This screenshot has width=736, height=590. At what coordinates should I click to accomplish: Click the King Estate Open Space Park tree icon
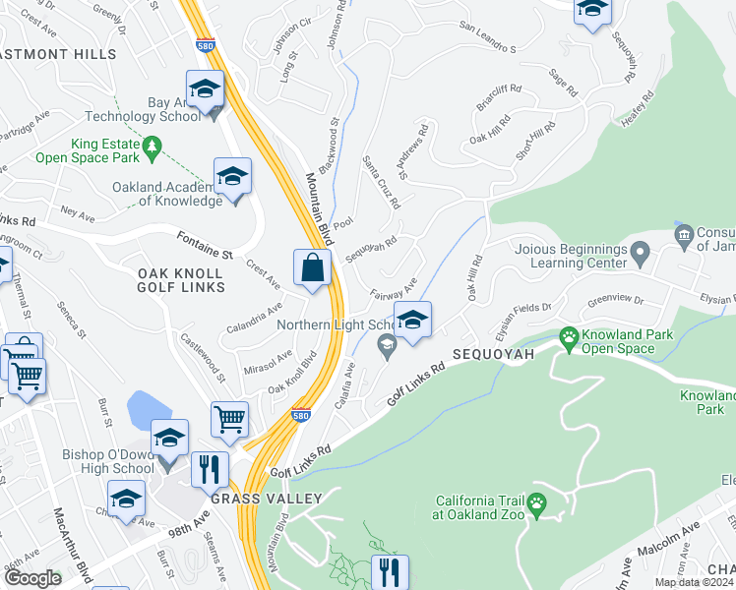pos(152,147)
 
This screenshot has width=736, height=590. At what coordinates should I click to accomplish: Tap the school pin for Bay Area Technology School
pos(205,90)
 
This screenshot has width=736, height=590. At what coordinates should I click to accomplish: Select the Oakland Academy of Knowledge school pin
pos(232,177)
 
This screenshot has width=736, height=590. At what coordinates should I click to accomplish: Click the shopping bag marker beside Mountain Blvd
pos(312,267)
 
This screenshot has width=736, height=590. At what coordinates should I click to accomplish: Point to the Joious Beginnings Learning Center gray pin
pos(640,256)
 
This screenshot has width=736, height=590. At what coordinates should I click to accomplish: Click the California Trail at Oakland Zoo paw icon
pos(536,505)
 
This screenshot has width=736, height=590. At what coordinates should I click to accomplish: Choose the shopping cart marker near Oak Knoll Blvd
pos(229,419)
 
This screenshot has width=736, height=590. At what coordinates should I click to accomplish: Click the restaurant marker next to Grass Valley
pos(209,469)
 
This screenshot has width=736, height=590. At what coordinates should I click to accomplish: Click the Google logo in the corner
pos(32,578)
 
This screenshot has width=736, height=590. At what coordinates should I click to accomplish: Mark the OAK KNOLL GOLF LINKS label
pos(181,279)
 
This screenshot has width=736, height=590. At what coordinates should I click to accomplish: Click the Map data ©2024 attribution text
pos(695,582)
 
